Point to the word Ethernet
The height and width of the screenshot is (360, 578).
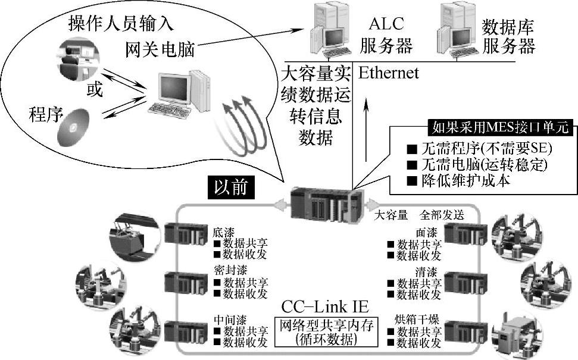click(388, 73)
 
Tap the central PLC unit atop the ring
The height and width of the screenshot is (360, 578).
click(325, 204)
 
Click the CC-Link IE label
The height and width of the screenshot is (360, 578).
click(325, 308)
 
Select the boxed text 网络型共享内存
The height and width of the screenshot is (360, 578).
click(325, 326)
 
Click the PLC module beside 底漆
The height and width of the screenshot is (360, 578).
click(186, 234)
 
